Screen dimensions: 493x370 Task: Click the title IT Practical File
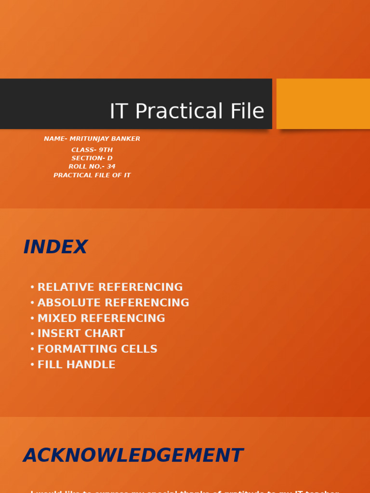187,111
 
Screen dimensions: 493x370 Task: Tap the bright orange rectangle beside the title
323,104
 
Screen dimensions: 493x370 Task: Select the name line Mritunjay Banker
92,139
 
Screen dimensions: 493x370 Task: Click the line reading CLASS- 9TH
92,150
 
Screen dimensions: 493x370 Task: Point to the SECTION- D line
92,158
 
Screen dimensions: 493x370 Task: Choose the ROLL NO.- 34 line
92,167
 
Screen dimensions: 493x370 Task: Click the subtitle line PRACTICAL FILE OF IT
92,175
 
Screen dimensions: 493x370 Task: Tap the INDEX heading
55,247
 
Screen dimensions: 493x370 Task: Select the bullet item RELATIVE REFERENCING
110,287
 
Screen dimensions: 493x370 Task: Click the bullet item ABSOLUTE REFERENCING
113,303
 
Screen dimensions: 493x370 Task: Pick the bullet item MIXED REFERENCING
101,318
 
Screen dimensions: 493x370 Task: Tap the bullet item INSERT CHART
81,334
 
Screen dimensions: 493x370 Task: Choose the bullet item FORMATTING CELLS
97,349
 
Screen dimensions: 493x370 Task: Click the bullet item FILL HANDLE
77,364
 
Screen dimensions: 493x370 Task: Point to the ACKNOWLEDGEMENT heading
133,455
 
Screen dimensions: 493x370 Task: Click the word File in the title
247,111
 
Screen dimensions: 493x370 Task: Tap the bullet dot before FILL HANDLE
32,365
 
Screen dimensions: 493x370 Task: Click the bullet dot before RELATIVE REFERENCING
32,287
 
